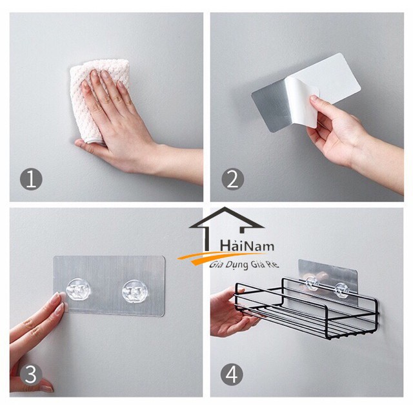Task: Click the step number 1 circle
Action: click(31, 179)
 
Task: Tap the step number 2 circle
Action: click(232, 179)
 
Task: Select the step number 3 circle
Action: click(31, 374)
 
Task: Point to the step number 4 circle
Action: click(232, 374)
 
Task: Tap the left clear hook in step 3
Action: click(78, 290)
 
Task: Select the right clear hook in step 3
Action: click(135, 292)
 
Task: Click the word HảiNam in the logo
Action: click(247, 246)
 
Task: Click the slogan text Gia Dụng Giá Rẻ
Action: click(244, 265)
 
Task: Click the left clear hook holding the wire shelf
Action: click(312, 283)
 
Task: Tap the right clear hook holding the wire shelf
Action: click(341, 290)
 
